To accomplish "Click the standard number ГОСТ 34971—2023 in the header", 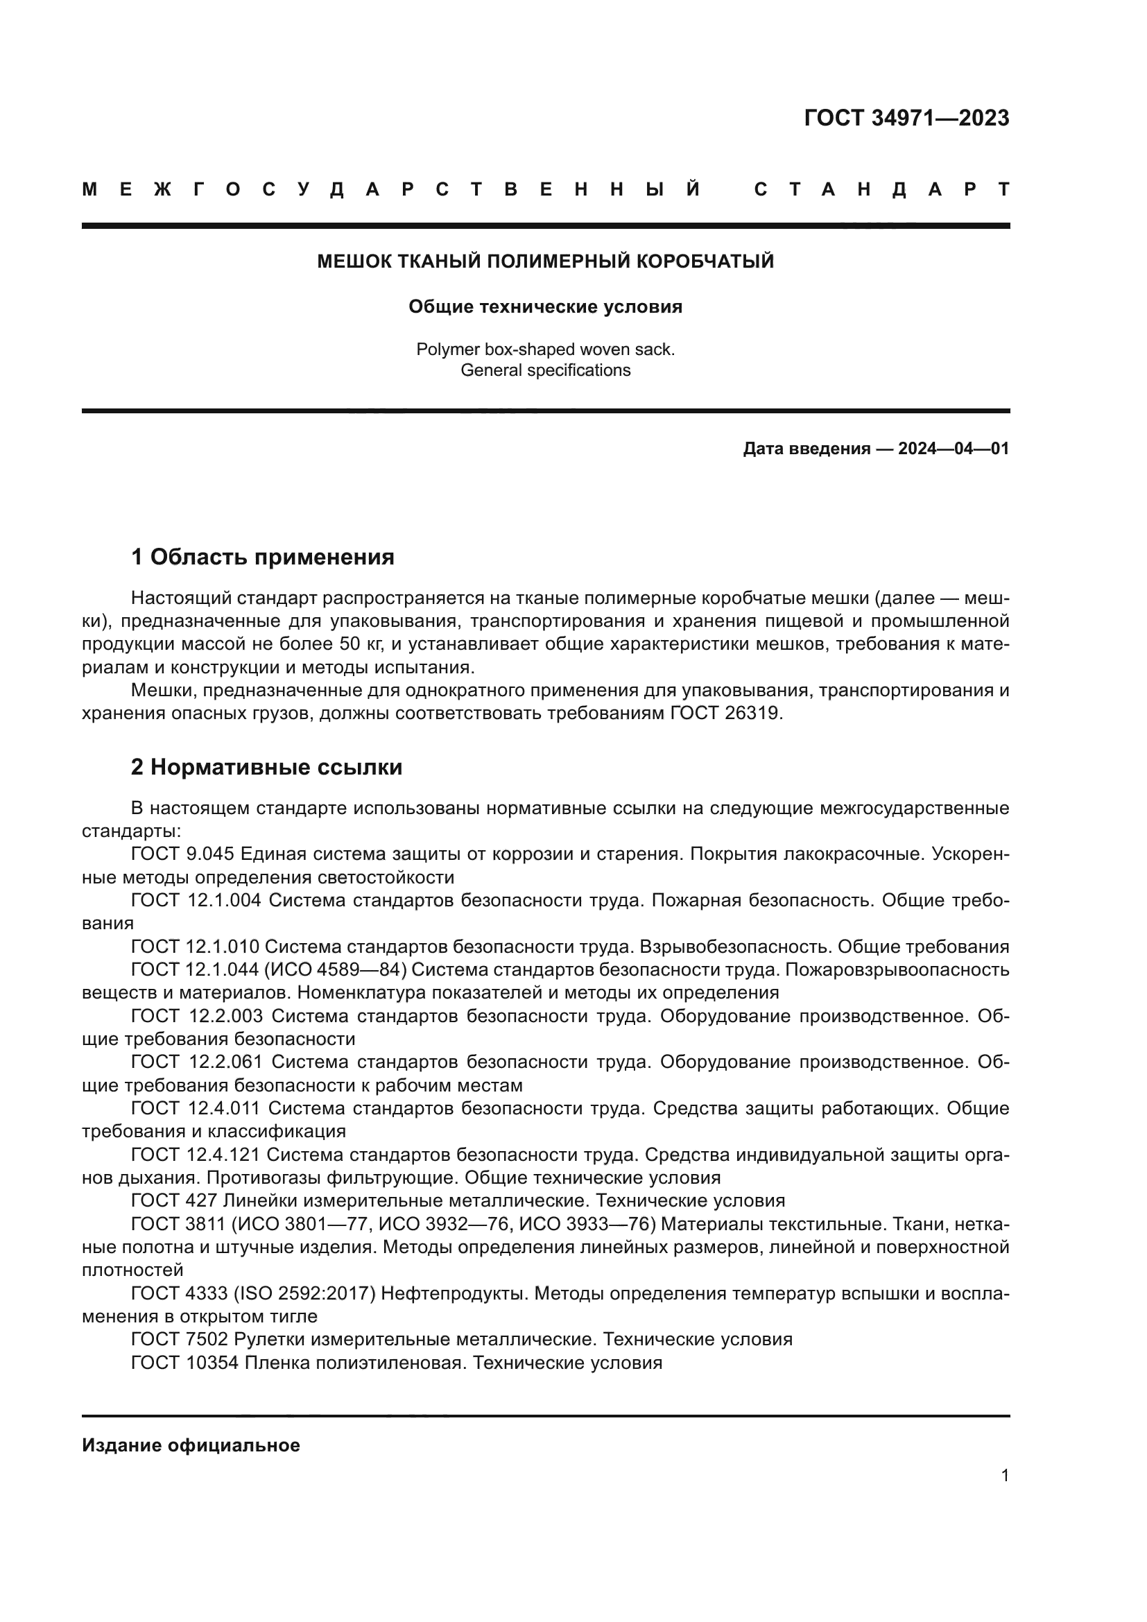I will (906, 118).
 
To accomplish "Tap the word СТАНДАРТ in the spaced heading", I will (882, 189).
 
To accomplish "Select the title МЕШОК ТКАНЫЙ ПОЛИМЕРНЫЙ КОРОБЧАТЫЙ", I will (545, 261).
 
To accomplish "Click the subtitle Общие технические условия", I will (545, 307).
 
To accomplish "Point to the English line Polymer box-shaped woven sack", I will (545, 349).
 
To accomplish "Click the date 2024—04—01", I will (954, 449).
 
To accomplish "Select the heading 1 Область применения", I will (262, 557).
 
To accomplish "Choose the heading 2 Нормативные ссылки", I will (266, 766).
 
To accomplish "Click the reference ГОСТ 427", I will (174, 1200).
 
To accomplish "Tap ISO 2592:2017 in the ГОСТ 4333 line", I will (304, 1293).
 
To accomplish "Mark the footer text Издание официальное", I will (191, 1445).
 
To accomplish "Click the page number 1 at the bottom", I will (1005, 1475).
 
